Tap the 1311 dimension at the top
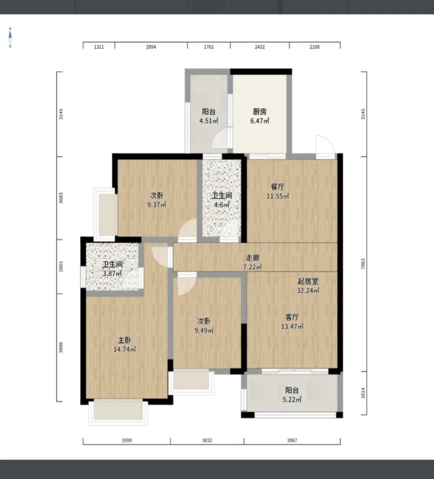99,47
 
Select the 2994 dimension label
151,47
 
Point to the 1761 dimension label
208,47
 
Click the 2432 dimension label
260,47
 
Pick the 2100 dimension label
315,47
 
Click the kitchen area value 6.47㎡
260,121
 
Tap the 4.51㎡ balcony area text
208,121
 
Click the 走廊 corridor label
253,257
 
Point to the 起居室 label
308,281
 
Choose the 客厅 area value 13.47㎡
293,326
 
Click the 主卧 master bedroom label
124,340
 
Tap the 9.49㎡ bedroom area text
204,330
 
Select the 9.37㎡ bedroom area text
157,204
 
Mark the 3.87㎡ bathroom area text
112,273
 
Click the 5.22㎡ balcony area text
292,399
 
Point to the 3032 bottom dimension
207,440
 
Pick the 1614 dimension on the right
363,393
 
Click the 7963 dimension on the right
363,264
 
